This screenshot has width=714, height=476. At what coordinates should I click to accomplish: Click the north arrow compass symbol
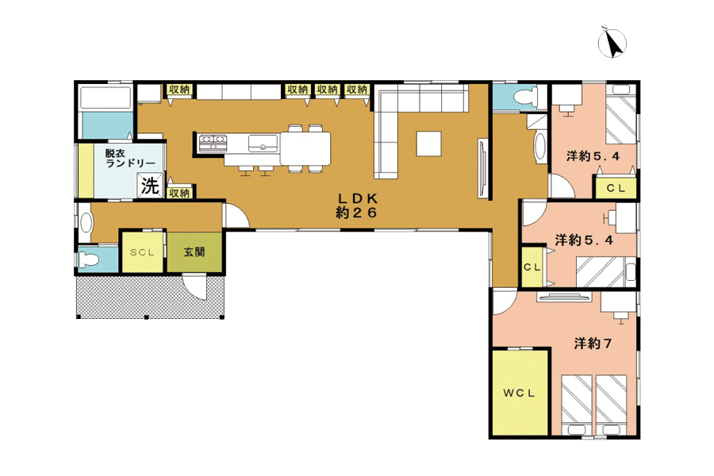click(612, 43)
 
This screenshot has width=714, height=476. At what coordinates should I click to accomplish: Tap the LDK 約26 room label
click(356, 205)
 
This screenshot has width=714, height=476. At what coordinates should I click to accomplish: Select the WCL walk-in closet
click(520, 393)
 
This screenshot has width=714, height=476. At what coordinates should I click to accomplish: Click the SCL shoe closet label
click(142, 252)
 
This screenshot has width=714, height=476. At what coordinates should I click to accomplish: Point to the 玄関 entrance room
click(194, 252)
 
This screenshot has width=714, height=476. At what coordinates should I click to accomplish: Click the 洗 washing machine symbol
click(150, 186)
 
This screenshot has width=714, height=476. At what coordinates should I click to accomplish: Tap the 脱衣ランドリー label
click(130, 158)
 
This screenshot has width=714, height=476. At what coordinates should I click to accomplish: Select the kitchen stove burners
click(213, 142)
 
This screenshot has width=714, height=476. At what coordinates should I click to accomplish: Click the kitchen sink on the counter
click(263, 144)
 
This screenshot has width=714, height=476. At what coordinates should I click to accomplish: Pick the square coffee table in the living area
click(428, 144)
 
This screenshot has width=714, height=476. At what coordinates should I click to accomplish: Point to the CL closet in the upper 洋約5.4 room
click(616, 187)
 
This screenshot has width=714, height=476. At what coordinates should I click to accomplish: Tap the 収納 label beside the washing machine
click(179, 193)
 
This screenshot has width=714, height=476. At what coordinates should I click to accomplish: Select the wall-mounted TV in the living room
click(483, 169)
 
